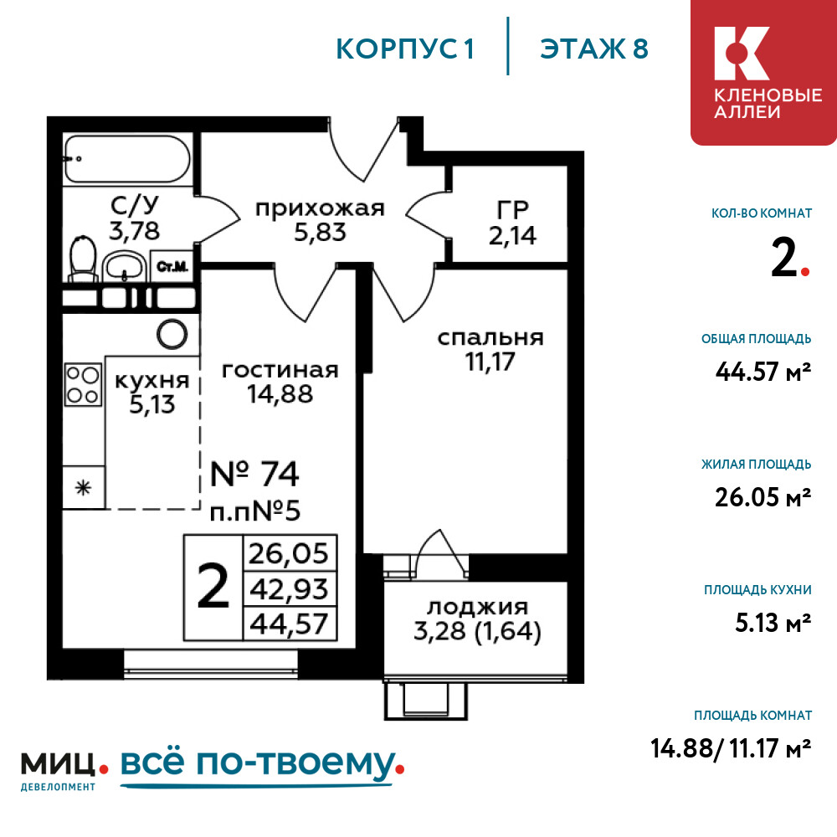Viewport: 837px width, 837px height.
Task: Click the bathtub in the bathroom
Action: tap(127, 159)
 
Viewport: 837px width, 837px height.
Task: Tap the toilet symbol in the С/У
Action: tap(83, 259)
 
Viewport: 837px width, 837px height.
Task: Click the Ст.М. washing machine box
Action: tap(172, 266)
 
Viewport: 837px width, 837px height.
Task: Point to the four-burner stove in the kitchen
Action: tap(83, 384)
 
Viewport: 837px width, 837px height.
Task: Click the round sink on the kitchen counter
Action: tap(172, 335)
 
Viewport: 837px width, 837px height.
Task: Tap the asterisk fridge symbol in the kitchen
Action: tap(83, 487)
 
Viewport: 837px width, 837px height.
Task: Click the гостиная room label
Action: tap(280, 370)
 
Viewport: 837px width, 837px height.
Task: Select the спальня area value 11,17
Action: tap(490, 362)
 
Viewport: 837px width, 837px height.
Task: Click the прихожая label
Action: tap(320, 208)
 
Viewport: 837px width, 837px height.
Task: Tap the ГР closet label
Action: tap(513, 210)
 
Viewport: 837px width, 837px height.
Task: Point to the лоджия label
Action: tap(478, 608)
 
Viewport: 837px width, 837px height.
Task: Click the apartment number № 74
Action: tap(254, 474)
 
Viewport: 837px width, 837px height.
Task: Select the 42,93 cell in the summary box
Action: tap(290, 589)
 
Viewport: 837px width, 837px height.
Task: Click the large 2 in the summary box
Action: tap(213, 587)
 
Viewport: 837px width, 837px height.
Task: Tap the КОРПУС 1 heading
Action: tap(405, 49)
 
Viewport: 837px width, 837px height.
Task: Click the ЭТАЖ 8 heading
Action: tap(594, 49)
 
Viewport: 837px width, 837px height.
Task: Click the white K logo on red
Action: tap(742, 54)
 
